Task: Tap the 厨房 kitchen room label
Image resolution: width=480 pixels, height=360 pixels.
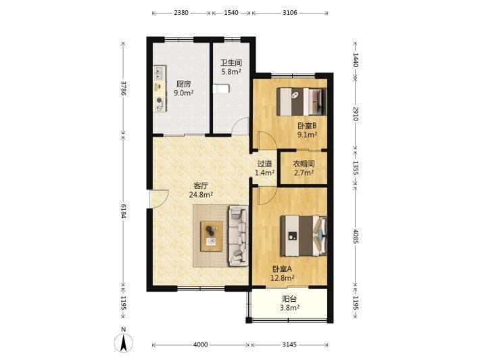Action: click(x=183, y=88)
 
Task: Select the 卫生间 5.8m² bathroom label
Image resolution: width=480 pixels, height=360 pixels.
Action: click(x=231, y=68)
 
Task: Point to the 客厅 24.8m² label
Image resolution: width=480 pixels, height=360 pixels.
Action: click(x=201, y=190)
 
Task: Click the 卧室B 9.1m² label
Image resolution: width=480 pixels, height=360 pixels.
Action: click(x=307, y=130)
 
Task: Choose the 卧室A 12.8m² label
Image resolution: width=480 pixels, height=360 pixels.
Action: click(x=282, y=273)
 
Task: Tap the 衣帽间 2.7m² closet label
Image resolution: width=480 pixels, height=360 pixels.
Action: click(x=304, y=168)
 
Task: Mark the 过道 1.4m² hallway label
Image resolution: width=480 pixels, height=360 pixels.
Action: click(x=264, y=168)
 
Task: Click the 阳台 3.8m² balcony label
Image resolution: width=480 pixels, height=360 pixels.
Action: click(x=289, y=303)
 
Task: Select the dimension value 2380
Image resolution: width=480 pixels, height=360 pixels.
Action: click(x=181, y=13)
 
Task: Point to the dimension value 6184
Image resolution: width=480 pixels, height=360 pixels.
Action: click(x=123, y=211)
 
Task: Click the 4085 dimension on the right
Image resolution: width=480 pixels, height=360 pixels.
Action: click(x=356, y=236)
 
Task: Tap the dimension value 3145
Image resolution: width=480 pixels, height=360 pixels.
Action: click(x=289, y=344)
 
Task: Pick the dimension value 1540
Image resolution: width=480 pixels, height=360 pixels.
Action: click(x=231, y=13)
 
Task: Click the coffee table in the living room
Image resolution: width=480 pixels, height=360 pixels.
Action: click(x=211, y=236)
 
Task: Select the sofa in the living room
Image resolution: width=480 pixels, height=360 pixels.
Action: click(x=238, y=235)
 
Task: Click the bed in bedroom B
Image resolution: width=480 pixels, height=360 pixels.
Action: click(x=302, y=102)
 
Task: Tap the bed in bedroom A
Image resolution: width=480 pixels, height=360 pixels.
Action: click(x=304, y=235)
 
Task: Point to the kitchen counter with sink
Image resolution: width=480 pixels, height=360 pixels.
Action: click(x=160, y=89)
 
